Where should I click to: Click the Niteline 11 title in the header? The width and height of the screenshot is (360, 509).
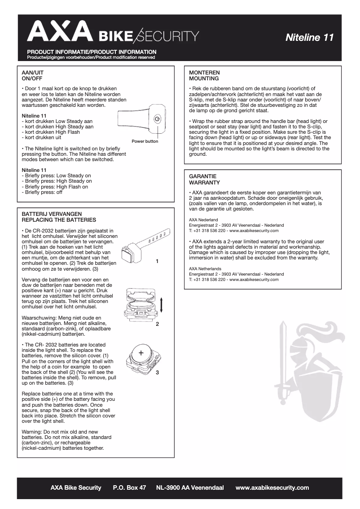pyautogui.click(x=309, y=38)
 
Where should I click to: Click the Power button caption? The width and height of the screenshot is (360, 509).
pyautogui.click(x=145, y=141)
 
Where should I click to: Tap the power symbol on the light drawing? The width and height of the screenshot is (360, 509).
pyautogui.click(x=156, y=119)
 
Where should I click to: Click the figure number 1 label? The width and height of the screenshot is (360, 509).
pyautogui.click(x=157, y=261)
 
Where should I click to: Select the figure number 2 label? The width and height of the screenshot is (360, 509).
pyautogui.click(x=157, y=324)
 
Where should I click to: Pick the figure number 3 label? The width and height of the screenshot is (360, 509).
pyautogui.click(x=157, y=372)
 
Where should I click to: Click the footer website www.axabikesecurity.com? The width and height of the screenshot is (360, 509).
pyautogui.click(x=272, y=487)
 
